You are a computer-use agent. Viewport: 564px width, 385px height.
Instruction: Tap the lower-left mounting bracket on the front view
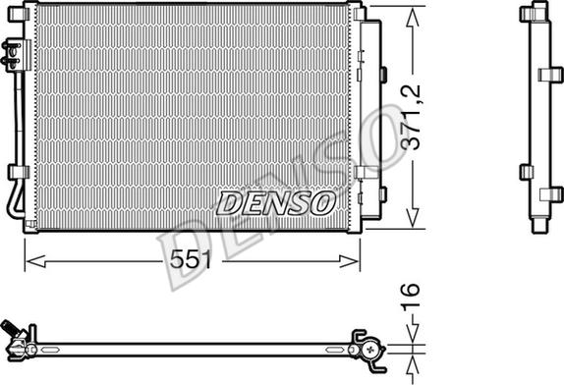click(x=16, y=174)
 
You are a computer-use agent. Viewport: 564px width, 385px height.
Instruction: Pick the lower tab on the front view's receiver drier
click(x=362, y=173)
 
